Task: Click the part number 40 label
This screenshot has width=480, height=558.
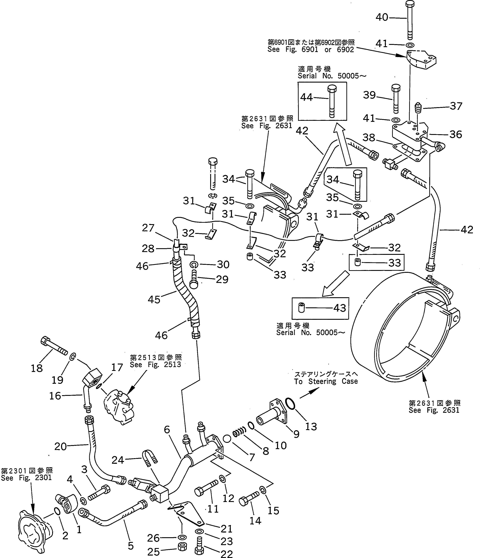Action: click(x=382, y=17)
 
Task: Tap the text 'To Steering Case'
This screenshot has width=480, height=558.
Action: click(x=326, y=381)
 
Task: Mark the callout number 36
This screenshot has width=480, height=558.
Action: click(x=456, y=134)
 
